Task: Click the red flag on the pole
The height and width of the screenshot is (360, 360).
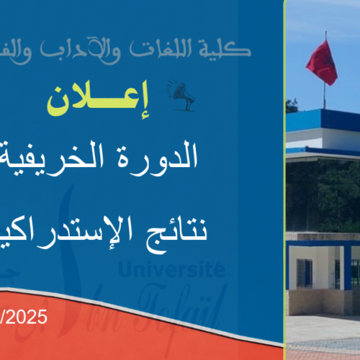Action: (321, 63)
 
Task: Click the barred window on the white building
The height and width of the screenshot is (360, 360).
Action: (305, 272)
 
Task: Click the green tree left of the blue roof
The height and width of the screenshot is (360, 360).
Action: (292, 107)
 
